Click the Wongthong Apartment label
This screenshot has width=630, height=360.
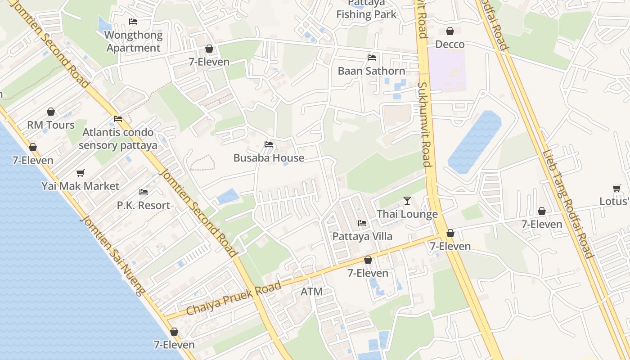coord(133,41)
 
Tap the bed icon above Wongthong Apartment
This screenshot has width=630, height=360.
coord(133,22)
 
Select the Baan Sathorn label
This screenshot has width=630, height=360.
coord(371,71)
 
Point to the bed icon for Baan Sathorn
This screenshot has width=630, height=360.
coord(371,58)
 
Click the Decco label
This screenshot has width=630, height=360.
coord(450,45)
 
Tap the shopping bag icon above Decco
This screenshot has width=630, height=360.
coord(450,31)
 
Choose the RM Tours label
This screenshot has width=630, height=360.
coord(51,125)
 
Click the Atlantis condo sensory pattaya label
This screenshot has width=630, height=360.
coord(118,139)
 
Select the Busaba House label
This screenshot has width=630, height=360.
coord(269,158)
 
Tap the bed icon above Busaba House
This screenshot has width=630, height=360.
coord(269,144)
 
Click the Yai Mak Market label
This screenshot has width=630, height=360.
coord(81,186)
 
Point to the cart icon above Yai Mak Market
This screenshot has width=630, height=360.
coord(81,173)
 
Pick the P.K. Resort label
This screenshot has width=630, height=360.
coord(144,206)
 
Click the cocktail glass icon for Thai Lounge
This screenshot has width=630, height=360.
coord(407,200)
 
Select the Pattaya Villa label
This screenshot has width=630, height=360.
coord(362,236)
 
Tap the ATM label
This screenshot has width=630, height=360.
coord(311,292)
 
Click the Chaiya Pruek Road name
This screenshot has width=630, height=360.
coord(234,298)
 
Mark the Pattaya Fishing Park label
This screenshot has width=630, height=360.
coord(366,9)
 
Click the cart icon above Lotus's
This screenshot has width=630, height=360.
coord(616,188)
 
